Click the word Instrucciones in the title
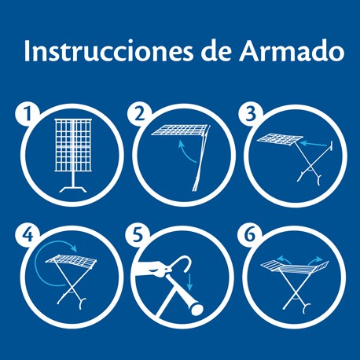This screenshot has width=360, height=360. point(108,51)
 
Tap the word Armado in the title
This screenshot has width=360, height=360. point(291,50)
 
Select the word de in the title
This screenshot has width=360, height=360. point(216,51)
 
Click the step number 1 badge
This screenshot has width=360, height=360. point(28,115)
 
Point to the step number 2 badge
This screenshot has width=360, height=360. point(140,115)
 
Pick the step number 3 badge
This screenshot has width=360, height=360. point(251,115)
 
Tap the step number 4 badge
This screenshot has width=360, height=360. point(28,236)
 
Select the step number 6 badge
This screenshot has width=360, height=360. point(249,236)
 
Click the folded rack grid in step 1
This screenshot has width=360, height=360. point(73,145)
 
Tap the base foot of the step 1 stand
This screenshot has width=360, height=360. point(73,189)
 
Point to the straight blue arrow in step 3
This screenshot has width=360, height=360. point(314,145)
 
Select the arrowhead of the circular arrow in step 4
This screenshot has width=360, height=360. point(74,248)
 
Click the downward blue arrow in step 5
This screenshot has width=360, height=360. point(190,281)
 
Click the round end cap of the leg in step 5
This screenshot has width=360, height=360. point(197,309)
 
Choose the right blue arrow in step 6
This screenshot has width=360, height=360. point(315,260)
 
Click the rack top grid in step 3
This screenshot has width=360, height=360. point(280,140)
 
